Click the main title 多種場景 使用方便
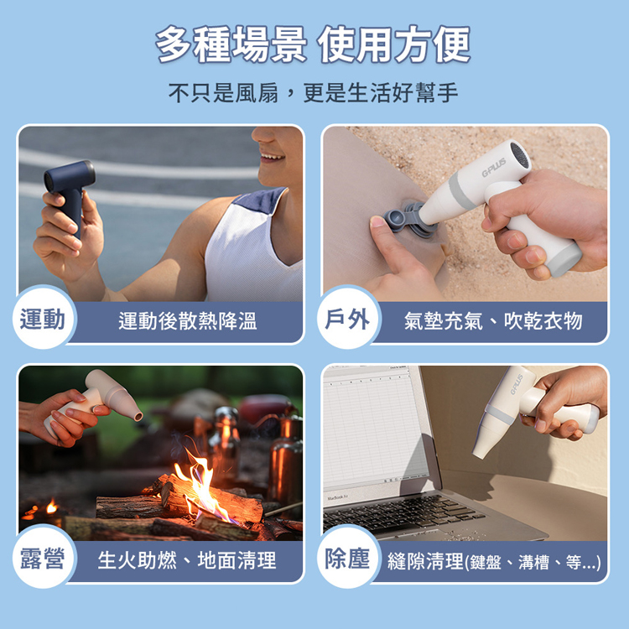click(x=313, y=44)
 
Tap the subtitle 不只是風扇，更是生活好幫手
click(x=313, y=92)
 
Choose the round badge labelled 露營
click(x=43, y=558)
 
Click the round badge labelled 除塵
click(x=347, y=558)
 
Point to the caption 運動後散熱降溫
click(x=187, y=321)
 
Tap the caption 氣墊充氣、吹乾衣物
click(x=493, y=321)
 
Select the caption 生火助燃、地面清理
click(x=187, y=560)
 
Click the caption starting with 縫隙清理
click(x=494, y=562)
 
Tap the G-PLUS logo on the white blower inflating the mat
click(x=493, y=167)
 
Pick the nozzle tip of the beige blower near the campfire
click(x=138, y=416)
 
